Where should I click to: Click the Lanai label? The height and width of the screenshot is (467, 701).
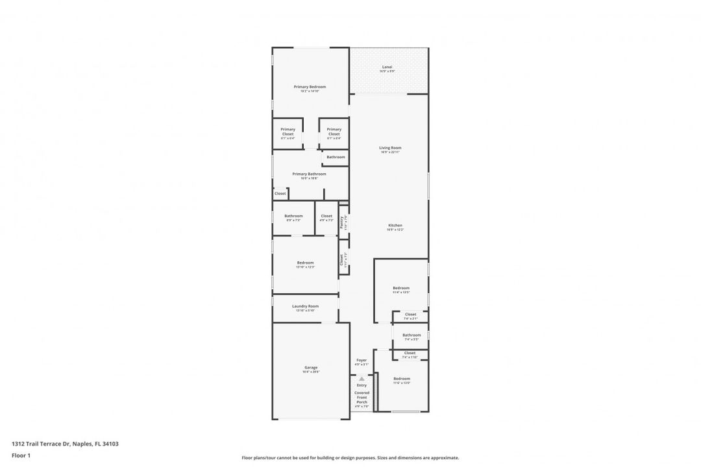pos(387,67)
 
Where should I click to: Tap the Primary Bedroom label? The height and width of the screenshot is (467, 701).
pos(310,87)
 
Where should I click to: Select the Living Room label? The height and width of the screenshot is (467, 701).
pos(390,148)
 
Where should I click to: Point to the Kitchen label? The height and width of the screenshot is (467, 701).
pos(395,225)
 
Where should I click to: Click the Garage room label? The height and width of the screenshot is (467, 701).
pos(311,368)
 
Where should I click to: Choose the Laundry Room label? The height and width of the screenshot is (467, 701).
pos(305,306)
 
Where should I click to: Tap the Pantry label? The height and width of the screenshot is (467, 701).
pos(343,222)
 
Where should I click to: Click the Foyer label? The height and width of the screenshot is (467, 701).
pos(362,360)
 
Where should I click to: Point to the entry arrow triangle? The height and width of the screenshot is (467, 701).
pos(362,379)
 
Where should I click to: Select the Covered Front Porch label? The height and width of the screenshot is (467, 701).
pos(362,397)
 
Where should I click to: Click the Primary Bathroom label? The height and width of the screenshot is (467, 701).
pos(309,174)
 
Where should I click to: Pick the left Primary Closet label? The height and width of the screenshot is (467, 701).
pos(288,132)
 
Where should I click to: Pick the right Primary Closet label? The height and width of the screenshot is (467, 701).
pos(334,132)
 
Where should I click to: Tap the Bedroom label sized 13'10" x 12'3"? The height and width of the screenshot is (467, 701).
pos(305,263)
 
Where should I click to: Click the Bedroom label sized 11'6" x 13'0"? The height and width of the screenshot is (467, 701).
pos(401,379)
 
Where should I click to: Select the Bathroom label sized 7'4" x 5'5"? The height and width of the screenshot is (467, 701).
pos(412,335)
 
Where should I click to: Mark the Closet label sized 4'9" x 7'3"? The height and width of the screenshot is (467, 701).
pos(326,216)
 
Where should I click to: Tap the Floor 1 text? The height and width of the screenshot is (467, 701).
pos(21,455)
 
